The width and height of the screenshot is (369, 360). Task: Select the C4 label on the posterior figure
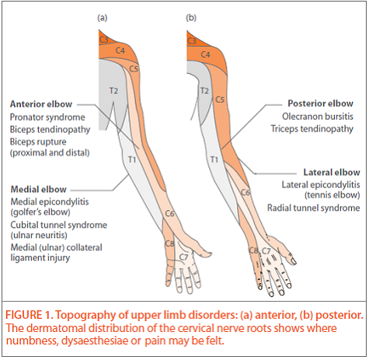click(205, 54)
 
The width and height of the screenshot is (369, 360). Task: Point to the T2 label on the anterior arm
click(113, 91)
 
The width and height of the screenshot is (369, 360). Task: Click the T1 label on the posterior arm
click(214, 159)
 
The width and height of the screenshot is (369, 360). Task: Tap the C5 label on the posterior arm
click(220, 100)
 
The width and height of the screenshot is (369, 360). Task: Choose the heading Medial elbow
click(38, 189)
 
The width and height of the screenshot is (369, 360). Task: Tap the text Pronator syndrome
click(47, 117)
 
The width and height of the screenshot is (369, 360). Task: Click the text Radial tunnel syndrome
click(320, 208)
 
